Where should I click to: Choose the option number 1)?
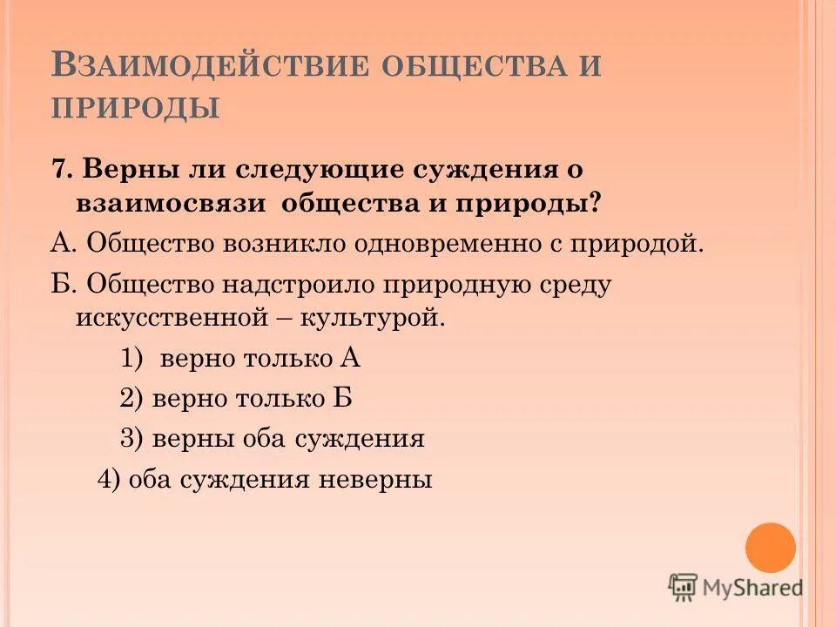[x=131, y=358]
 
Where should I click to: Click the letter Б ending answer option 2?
[x=342, y=398]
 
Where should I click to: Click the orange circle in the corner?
[x=771, y=548]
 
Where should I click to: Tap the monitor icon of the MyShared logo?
[x=683, y=587]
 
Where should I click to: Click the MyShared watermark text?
[x=753, y=588]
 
